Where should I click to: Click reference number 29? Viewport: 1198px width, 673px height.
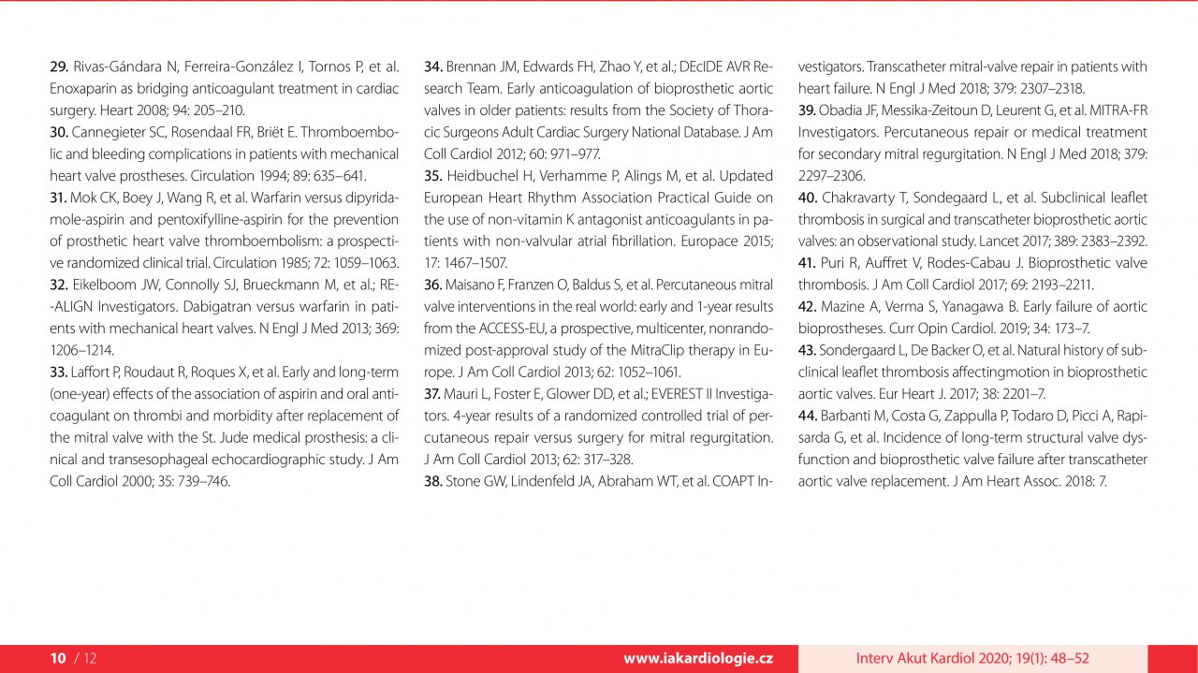click(x=58, y=66)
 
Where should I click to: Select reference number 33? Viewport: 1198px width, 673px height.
click(x=58, y=372)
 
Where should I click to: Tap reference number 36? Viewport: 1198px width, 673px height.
click(x=432, y=285)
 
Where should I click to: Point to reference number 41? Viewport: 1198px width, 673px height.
click(x=808, y=263)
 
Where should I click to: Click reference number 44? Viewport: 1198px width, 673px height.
click(x=808, y=416)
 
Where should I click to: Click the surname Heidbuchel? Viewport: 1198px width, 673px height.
click(x=488, y=176)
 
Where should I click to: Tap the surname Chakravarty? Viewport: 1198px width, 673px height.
click(x=865, y=198)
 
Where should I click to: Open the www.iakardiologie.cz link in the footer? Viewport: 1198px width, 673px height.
click(x=698, y=658)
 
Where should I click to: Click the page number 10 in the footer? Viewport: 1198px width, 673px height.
click(x=58, y=658)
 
